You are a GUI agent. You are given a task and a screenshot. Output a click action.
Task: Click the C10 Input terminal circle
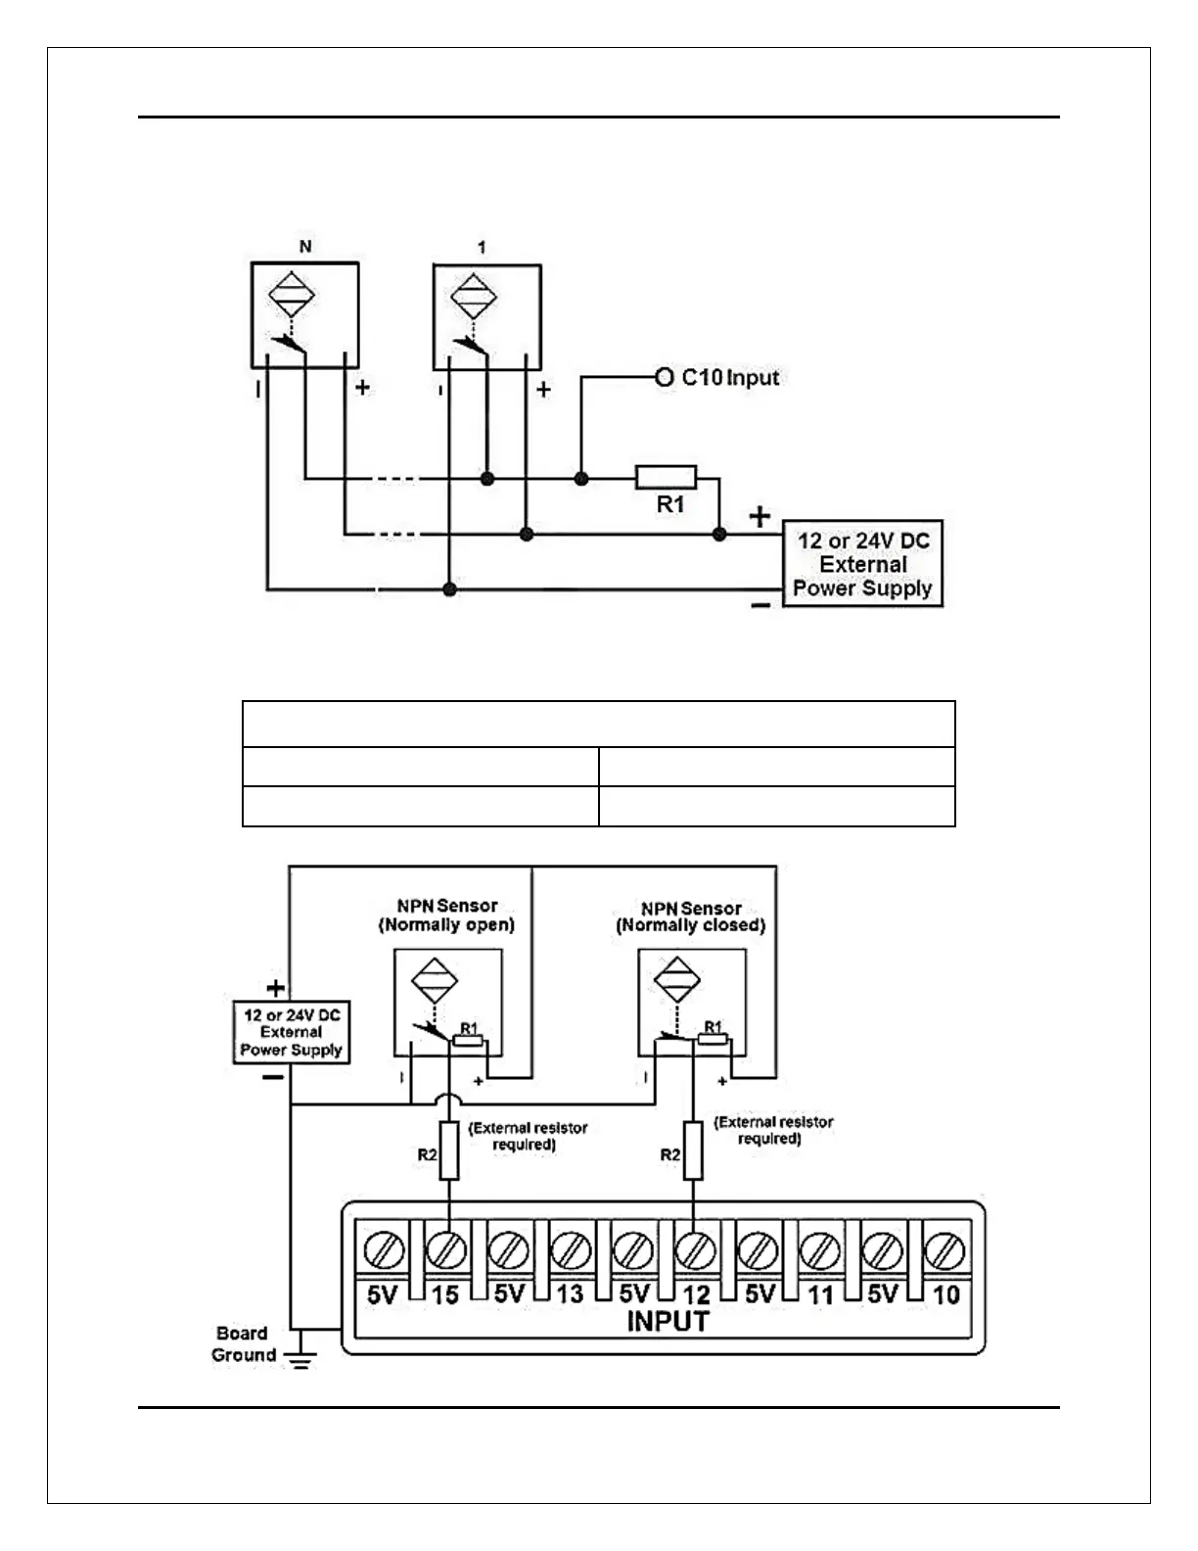point(665,377)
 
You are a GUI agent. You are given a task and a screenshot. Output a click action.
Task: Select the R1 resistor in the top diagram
point(667,478)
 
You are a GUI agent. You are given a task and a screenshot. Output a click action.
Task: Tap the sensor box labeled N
point(304,315)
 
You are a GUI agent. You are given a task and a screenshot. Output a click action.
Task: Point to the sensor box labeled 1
point(486,316)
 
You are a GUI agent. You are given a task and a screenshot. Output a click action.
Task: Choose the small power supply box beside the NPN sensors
point(291,1032)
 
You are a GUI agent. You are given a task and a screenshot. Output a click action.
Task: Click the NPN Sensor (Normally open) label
point(446,915)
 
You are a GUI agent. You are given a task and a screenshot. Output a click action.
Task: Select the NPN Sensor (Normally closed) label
point(690,916)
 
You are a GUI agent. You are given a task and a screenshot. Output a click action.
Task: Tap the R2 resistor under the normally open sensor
point(449,1151)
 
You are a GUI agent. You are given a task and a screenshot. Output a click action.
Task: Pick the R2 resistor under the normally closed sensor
point(693,1151)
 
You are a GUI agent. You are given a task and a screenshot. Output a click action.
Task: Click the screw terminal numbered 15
point(446,1250)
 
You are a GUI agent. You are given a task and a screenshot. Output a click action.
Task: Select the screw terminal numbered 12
point(695,1250)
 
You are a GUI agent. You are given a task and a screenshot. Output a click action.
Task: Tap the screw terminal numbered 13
point(571,1250)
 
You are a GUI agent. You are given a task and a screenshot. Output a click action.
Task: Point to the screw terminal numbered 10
point(945,1250)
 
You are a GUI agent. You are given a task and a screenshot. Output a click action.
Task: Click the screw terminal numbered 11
point(820,1250)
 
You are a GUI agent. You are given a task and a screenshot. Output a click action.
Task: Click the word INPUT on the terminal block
point(667,1322)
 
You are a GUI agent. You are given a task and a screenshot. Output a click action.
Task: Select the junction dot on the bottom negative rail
point(449,589)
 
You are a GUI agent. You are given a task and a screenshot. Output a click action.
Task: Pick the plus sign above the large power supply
point(760,517)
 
